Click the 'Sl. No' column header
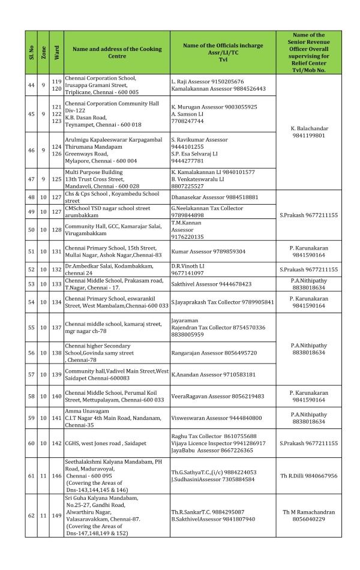pyautogui.click(x=31, y=52)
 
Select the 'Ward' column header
pyautogui.click(x=57, y=52)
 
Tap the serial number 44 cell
pyautogui.click(x=31, y=85)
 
